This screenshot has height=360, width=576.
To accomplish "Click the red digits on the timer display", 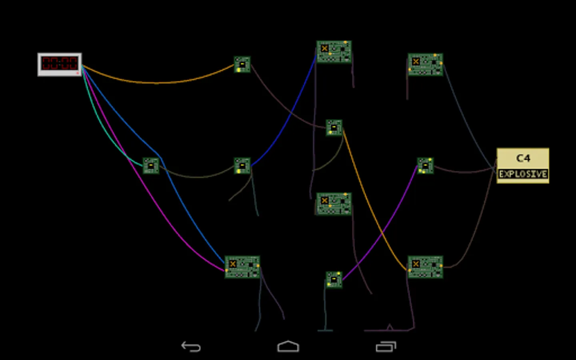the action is pos(60,63).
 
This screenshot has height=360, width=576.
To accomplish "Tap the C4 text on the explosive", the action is pos(523,158).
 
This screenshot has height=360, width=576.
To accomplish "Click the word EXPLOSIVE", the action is pos(523,174).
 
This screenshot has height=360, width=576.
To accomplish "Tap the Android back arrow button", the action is pos(191,346).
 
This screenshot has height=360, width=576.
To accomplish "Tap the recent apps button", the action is pos(386,346).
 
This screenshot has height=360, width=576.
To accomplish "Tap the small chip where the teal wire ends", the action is pos(151,166).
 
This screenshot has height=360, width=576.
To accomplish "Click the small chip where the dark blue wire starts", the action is pos(242,166).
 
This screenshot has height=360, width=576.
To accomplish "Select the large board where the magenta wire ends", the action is pos(242,267).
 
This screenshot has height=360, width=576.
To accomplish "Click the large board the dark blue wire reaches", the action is pos(334,52).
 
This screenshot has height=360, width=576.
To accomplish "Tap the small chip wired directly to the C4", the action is pos(425,166).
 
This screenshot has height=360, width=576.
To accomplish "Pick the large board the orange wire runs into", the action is pos(425,267).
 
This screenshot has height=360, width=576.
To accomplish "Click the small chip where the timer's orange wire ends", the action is pos(242,64).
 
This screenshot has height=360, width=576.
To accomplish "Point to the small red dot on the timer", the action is pos(78,73).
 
